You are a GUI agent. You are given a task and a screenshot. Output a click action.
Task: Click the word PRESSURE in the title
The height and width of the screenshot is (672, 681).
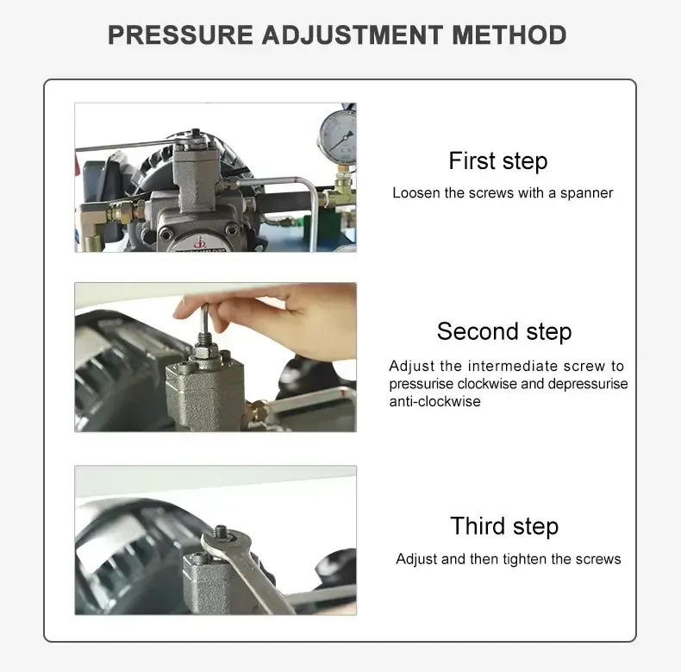pyautogui.click(x=180, y=35)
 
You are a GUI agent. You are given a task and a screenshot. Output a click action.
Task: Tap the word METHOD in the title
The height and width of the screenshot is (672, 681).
pyautogui.click(x=509, y=35)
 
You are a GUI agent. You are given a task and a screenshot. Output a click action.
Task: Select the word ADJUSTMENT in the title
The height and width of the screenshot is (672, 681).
pyautogui.click(x=353, y=35)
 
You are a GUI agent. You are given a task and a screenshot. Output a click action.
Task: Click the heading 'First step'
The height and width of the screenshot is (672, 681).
pyautogui.click(x=497, y=161)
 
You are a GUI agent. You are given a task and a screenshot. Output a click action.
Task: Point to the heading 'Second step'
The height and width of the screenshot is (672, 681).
pyautogui.click(x=504, y=332)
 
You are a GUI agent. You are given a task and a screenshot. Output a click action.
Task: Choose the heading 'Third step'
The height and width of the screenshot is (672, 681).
pyautogui.click(x=504, y=527)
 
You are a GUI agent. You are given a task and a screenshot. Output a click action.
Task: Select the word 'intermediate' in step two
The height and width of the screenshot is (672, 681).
pyautogui.click(x=513, y=366)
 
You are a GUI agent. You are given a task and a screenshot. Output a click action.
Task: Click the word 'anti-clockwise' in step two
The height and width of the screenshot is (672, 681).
pyautogui.click(x=434, y=401)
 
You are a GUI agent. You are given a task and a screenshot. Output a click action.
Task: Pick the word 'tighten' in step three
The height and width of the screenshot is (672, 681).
pyautogui.click(x=525, y=559)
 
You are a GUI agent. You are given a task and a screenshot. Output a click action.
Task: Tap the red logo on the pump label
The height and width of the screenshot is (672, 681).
pyautogui.click(x=199, y=242)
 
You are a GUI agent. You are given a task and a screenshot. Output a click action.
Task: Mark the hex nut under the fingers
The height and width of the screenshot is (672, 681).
pyautogui.click(x=205, y=350)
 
